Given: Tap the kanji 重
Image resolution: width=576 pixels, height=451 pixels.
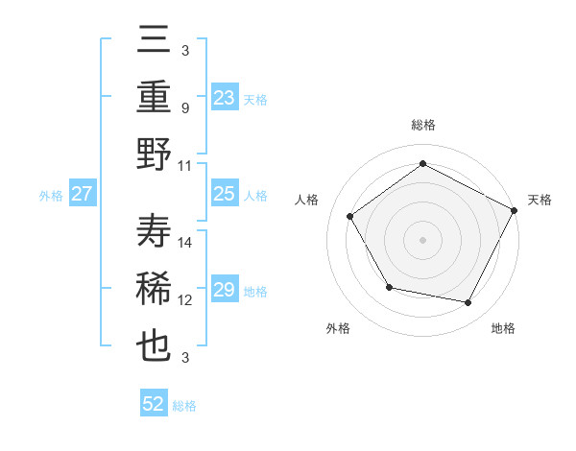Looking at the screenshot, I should pos(155,98).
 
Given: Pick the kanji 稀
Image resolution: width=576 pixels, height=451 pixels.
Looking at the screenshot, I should pos(155,289).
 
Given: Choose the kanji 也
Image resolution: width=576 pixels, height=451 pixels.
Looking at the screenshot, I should pos(155,344).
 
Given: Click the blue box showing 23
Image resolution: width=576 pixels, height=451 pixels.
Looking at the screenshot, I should pos(225,97).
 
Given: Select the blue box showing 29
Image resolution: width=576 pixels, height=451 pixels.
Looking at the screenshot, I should pos(225,290).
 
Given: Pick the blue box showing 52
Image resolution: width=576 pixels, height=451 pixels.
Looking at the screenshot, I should pos(154,404).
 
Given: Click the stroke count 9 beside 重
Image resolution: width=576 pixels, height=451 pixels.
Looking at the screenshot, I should pos(184,107).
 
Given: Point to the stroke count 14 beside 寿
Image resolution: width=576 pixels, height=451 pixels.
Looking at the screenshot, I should pos(186,242).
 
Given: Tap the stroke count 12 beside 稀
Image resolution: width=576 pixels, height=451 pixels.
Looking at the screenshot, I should pos(186,299).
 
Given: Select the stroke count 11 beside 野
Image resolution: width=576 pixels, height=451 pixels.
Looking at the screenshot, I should pos(186,165).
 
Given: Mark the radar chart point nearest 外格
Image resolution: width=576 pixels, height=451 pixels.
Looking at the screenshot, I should pos(389,287).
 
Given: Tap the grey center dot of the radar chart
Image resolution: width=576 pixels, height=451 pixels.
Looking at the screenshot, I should pos(422,239).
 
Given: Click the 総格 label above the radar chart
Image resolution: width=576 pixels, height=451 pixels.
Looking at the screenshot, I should pos(422,125).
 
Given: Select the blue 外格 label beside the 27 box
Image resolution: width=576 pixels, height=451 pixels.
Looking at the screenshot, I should pos(51,196).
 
